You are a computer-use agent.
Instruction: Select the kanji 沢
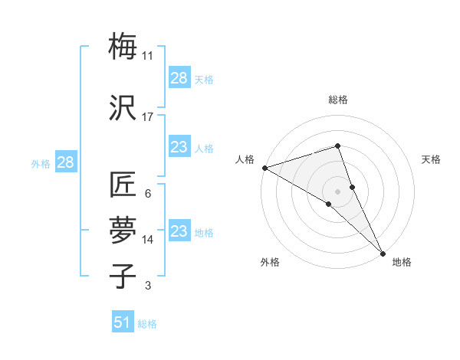(123, 108)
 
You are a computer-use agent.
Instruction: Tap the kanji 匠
(123, 185)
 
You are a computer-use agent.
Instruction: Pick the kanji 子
(123, 275)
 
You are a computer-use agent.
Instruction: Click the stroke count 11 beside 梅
(148, 56)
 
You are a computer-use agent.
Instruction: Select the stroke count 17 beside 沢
(148, 117)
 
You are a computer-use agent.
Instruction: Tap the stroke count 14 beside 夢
(148, 240)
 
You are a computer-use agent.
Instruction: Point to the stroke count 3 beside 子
(148, 286)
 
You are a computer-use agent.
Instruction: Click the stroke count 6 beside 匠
(148, 194)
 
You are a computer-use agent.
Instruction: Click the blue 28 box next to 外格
(66, 162)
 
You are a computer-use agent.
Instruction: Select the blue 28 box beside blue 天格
(179, 78)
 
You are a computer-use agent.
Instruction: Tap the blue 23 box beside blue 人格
(179, 147)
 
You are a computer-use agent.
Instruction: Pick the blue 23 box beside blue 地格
(179, 231)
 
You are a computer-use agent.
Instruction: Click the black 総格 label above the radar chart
(338, 100)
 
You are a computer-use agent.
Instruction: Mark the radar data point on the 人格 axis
(264, 168)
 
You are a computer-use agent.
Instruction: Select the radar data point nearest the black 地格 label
(383, 252)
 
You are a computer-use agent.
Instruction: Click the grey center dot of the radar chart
(338, 191)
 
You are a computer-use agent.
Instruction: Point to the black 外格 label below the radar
(270, 262)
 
